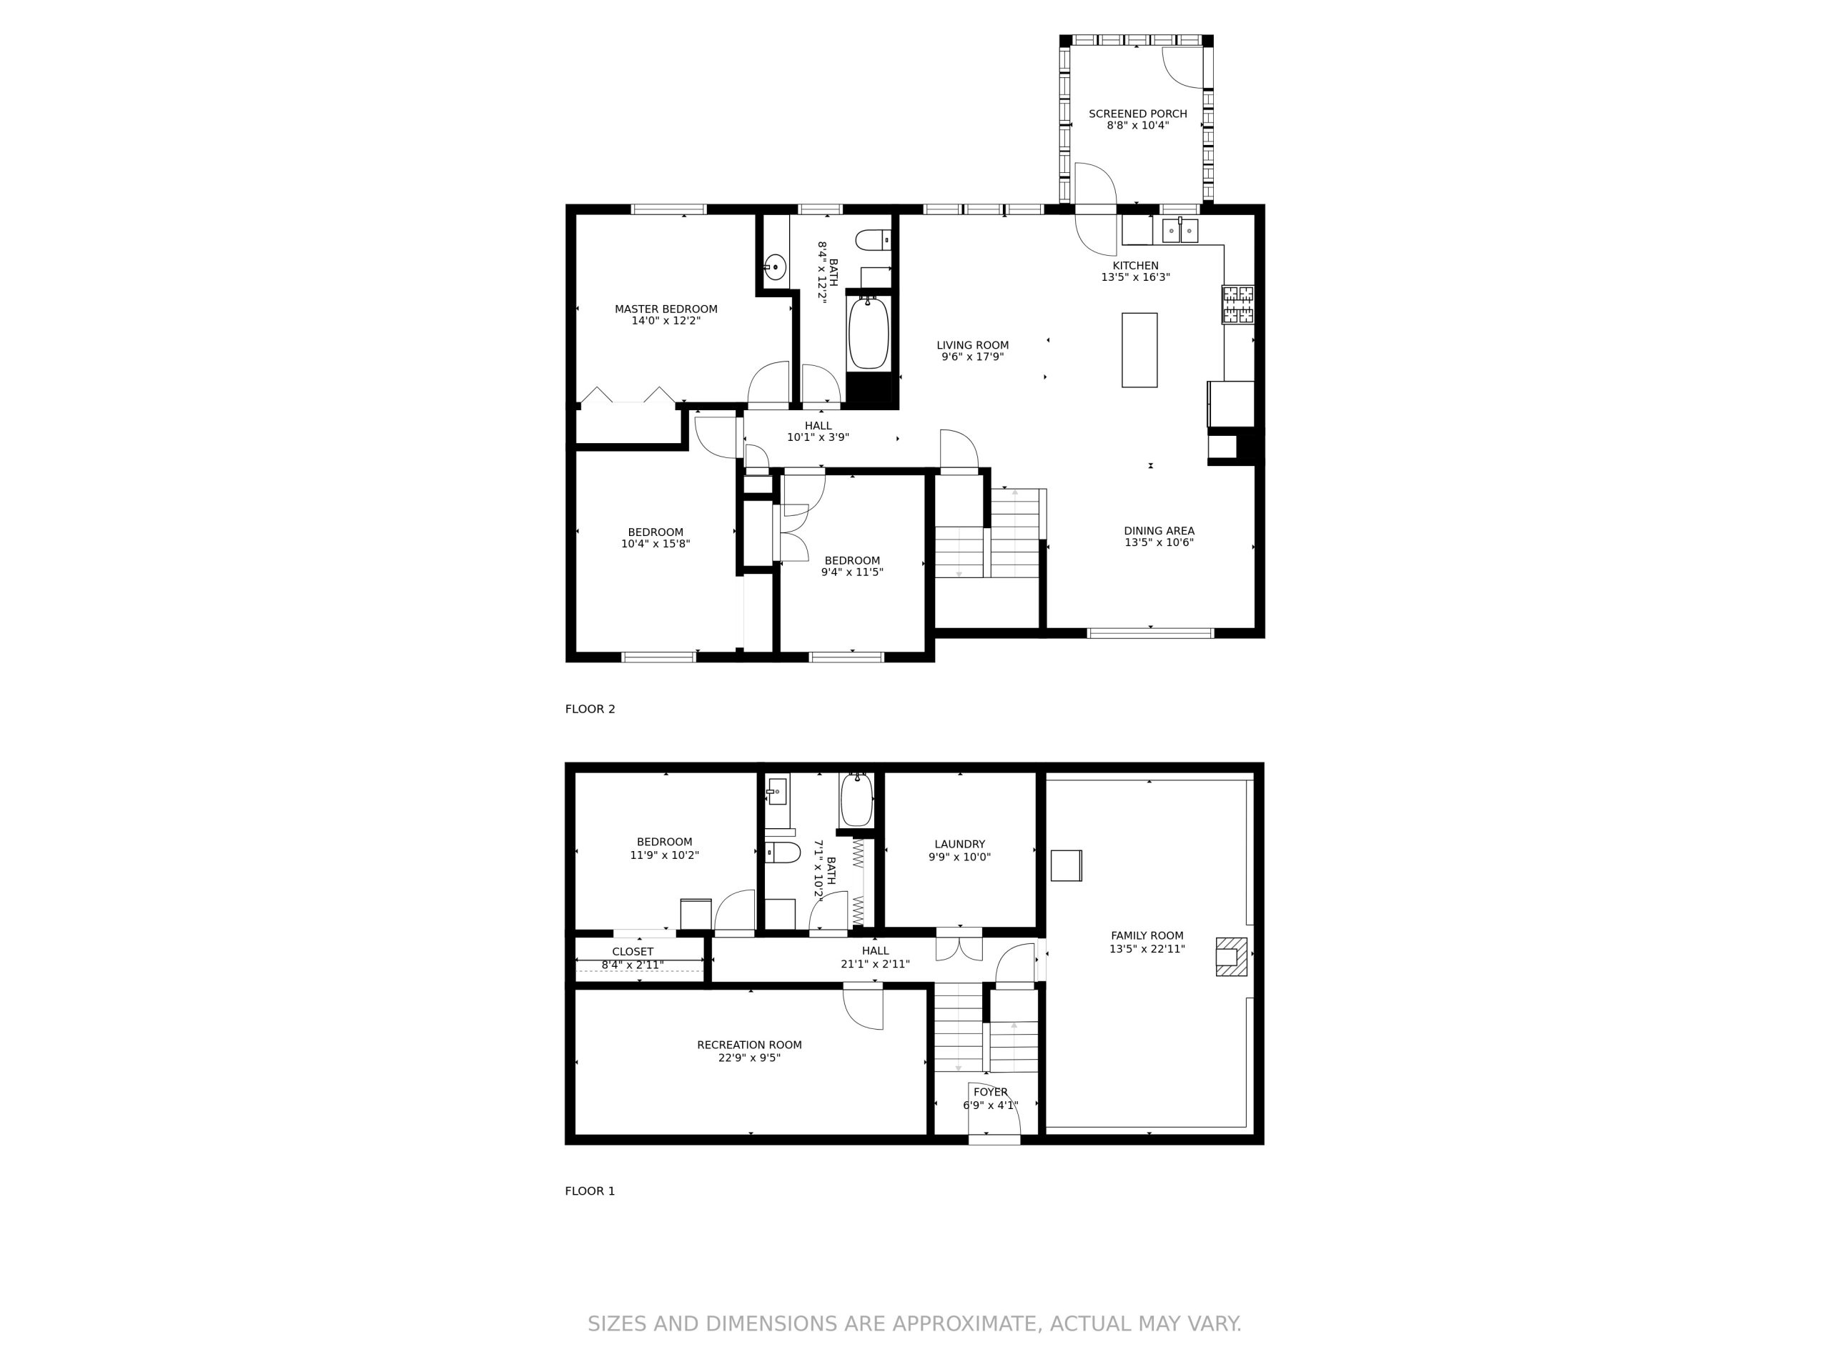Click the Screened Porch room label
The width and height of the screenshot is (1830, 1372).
[1137, 114]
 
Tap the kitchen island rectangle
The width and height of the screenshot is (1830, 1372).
[1139, 350]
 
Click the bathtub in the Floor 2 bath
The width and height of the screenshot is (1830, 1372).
[869, 333]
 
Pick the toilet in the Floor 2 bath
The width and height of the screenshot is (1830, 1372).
[874, 241]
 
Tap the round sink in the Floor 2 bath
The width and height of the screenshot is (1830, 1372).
[775, 267]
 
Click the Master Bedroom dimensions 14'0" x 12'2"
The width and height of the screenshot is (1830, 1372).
[666, 321]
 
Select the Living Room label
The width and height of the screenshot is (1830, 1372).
[973, 346]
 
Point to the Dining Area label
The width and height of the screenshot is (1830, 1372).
[1159, 531]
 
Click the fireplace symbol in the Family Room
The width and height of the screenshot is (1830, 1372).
[1231, 957]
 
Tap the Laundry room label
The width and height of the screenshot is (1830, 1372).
[959, 845]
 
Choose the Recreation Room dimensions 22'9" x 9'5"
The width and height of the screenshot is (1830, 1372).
[750, 1058]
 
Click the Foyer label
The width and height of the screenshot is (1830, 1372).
[990, 1093]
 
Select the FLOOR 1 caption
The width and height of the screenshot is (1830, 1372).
[590, 1191]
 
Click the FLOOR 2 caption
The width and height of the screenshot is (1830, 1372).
[590, 709]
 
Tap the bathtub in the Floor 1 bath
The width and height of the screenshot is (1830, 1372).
[857, 800]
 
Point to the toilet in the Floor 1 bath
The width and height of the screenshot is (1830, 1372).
[782, 852]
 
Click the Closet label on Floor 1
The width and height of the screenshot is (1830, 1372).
[633, 952]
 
